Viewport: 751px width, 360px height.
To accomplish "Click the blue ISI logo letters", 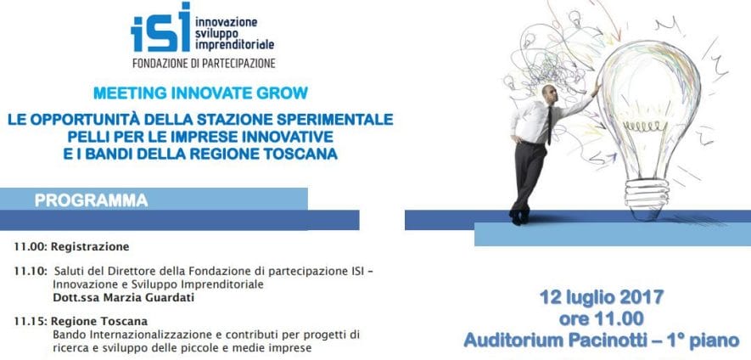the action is pyautogui.click(x=160, y=27).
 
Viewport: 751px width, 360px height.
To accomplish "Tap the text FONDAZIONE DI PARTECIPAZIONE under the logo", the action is pyautogui.click(x=204, y=63).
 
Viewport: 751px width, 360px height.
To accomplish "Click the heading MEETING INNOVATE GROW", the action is pyautogui.click(x=200, y=93).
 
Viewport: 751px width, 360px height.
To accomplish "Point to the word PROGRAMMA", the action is pyautogui.click(x=91, y=200).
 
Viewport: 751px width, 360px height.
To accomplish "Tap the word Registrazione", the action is pyautogui.click(x=90, y=247).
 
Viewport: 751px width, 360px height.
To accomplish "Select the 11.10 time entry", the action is pyautogui.click(x=31, y=272).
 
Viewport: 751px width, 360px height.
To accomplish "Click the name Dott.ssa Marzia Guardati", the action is pyautogui.click(x=124, y=298).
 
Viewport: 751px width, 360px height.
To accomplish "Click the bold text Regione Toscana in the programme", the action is pyautogui.click(x=99, y=321).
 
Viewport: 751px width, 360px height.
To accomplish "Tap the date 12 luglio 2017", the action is pyautogui.click(x=602, y=297).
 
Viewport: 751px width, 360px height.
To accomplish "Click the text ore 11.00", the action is pyautogui.click(x=602, y=318).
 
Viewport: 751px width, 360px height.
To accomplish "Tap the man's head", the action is pyautogui.click(x=550, y=94).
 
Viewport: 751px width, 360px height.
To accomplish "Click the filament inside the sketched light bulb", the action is pyautogui.click(x=645, y=126).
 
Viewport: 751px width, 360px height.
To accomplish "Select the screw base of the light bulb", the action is pyautogui.click(x=646, y=196).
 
